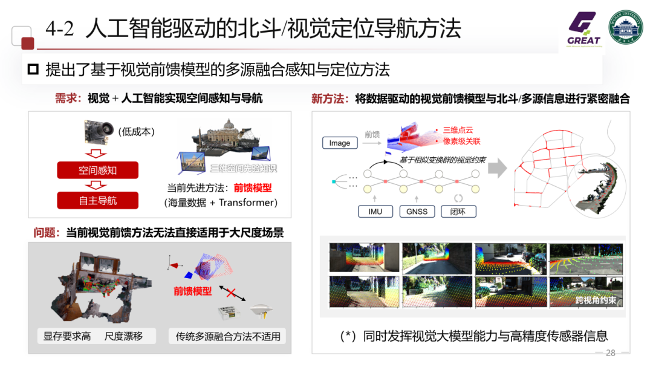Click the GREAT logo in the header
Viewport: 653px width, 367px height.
(583, 28)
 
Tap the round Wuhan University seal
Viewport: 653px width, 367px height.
(625, 27)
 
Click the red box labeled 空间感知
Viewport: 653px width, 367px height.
(97, 170)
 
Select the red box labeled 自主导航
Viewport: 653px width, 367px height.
(97, 200)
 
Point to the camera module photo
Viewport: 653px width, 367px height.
(99, 129)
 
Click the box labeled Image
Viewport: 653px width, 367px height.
(340, 143)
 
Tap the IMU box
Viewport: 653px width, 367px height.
(375, 211)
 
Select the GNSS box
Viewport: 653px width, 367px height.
(417, 211)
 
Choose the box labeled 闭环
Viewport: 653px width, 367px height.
(458, 211)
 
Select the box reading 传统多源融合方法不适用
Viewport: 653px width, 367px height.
(228, 336)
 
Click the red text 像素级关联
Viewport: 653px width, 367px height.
(461, 141)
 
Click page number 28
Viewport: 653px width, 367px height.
(610, 353)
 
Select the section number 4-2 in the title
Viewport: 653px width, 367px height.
(60, 29)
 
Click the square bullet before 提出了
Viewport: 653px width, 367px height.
(33, 69)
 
